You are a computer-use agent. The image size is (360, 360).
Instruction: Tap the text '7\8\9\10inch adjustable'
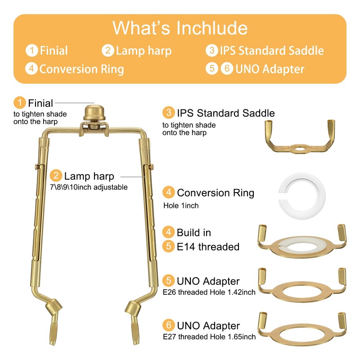89,187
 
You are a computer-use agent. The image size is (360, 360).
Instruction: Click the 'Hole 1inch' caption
180,206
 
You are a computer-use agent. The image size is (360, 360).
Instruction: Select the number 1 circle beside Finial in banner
31,50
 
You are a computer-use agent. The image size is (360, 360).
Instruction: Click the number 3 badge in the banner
211,50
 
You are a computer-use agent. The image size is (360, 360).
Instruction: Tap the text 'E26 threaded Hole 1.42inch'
210,292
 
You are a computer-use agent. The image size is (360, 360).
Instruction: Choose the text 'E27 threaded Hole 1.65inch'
210,337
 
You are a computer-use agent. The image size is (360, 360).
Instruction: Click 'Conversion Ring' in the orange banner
81,69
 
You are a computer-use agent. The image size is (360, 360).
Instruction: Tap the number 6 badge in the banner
227,69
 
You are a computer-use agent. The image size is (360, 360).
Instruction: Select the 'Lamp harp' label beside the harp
89,176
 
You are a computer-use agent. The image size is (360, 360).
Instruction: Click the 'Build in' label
193,233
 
